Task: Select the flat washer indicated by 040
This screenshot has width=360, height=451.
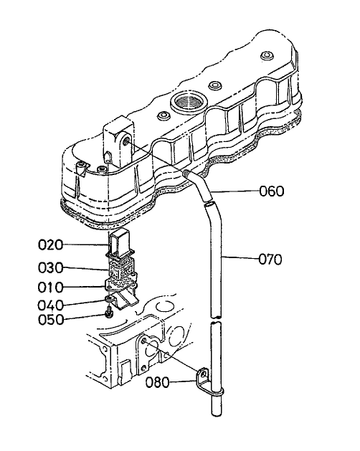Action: tap(109, 299)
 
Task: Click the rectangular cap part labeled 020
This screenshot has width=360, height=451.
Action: tap(120, 244)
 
